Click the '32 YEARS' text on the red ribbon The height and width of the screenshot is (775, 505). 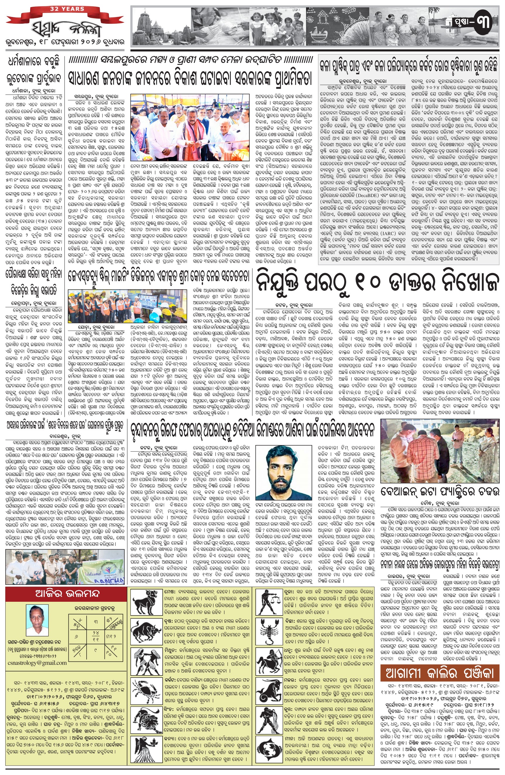coord(67,9)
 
